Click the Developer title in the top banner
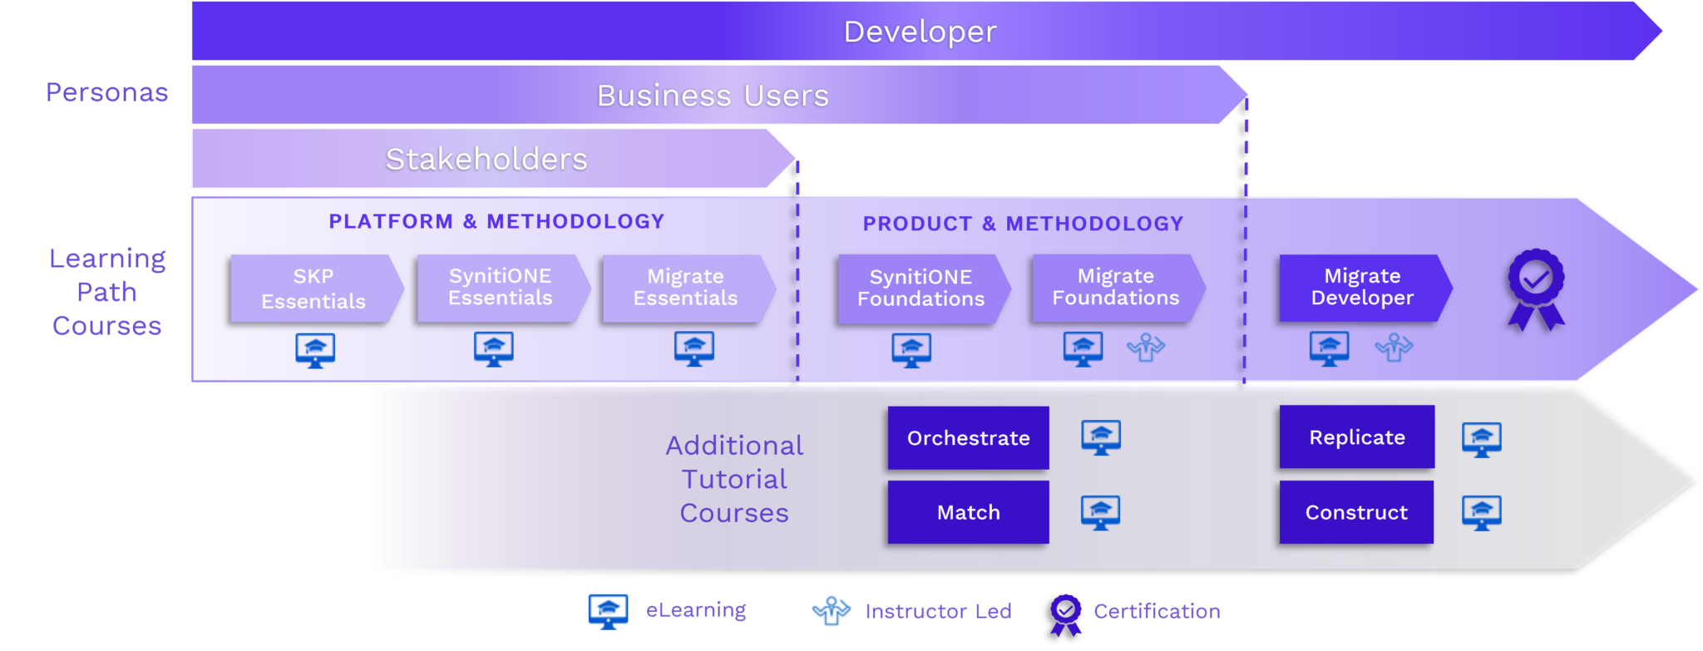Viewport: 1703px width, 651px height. tap(920, 32)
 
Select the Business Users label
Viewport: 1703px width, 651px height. tap(713, 96)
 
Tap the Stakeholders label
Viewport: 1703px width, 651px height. tap(486, 159)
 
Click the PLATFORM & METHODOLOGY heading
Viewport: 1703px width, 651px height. tap(496, 221)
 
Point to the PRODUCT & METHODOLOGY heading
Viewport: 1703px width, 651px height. tap(1023, 224)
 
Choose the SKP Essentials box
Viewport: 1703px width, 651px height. tap(313, 289)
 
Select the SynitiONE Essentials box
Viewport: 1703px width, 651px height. tap(500, 287)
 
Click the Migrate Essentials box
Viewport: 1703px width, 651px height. tap(685, 287)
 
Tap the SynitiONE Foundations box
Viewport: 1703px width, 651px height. tap(921, 288)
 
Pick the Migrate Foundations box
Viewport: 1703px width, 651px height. tap(1115, 287)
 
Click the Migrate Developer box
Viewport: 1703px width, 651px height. tap(1362, 287)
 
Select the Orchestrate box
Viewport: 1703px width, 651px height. tap(968, 438)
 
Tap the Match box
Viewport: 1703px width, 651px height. tap(968, 512)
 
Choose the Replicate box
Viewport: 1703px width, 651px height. tap(1356, 437)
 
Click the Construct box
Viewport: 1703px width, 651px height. tap(1356, 512)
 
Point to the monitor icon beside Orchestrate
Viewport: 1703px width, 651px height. tap(1101, 437)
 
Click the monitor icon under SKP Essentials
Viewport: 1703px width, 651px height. tap(315, 350)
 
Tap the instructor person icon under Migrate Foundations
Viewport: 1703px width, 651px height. tap(1146, 348)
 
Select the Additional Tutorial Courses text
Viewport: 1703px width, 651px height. tap(733, 479)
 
